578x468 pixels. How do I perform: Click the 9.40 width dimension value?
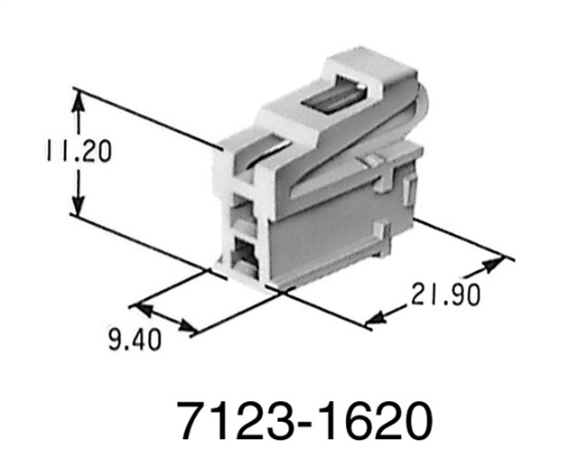click(x=135, y=341)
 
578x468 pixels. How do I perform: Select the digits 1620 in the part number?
click(x=370, y=421)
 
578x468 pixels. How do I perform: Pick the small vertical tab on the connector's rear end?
click(x=407, y=191)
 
